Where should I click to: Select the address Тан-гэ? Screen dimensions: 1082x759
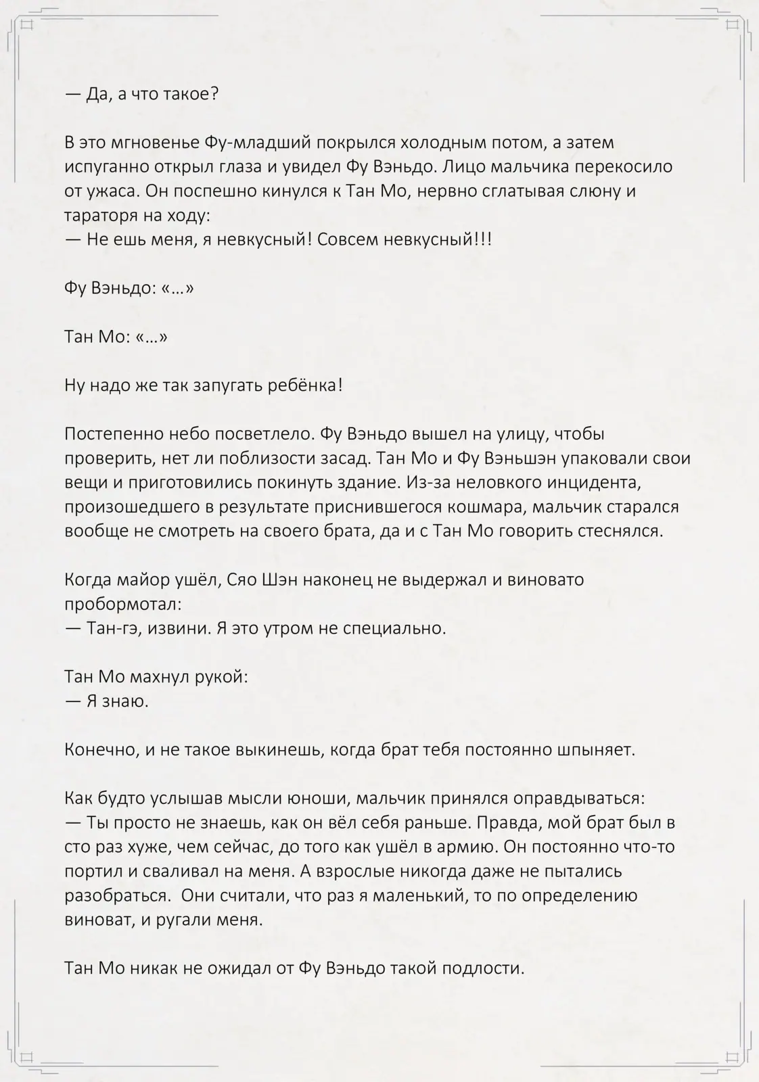112,628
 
